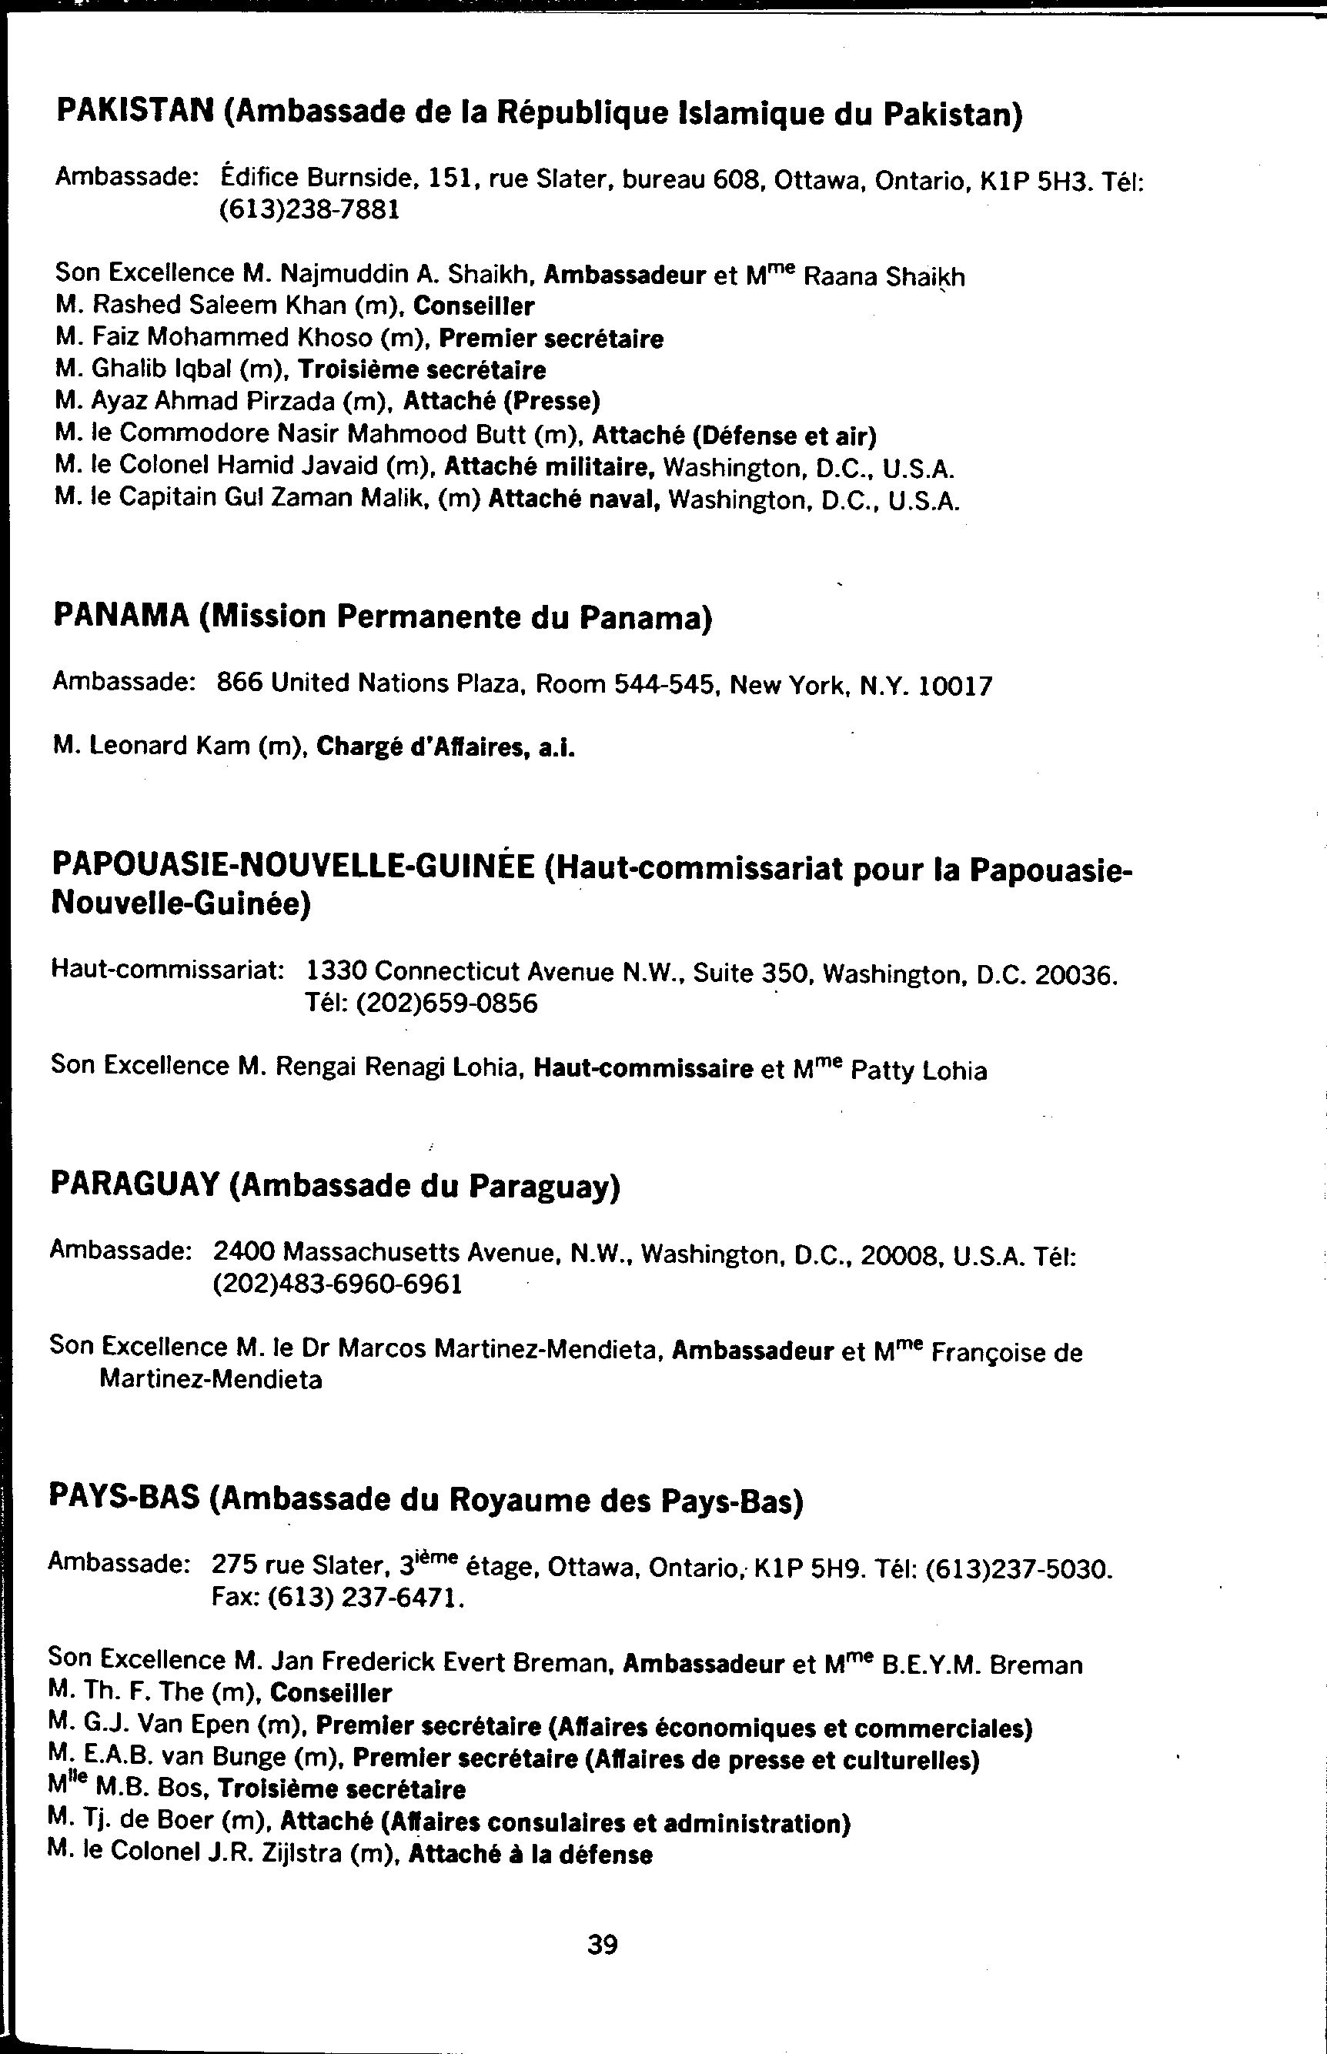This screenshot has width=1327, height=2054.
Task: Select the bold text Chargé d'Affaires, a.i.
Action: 446,746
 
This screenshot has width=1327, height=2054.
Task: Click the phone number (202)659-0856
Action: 421,1004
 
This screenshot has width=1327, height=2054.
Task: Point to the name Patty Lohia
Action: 918,1071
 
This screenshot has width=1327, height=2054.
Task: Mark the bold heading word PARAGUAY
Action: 135,1184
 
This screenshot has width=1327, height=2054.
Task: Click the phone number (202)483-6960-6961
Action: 338,1284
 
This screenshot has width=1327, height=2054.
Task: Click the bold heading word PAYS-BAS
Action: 124,1500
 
